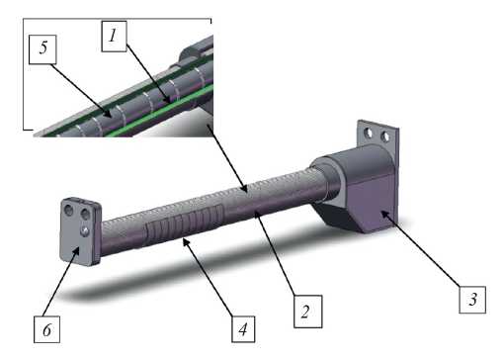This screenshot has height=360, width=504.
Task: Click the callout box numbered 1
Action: [114, 37]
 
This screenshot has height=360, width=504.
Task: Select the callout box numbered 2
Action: [307, 312]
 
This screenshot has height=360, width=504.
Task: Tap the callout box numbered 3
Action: [472, 300]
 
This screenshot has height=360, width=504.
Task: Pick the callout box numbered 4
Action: [243, 329]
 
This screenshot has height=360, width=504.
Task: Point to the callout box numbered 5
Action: [42, 49]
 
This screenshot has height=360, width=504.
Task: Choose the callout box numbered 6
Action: [46, 329]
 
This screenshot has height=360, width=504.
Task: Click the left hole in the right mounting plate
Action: [369, 134]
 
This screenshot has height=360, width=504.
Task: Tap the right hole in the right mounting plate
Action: [384, 136]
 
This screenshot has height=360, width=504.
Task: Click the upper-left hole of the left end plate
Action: [69, 210]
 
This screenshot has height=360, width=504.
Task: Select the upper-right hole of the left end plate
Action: [85, 215]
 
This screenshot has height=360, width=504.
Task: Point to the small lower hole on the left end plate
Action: [86, 230]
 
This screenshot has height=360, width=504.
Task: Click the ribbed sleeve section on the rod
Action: [185, 225]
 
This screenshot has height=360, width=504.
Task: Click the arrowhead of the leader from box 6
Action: [78, 248]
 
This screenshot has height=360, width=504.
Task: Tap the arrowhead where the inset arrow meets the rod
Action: [245, 190]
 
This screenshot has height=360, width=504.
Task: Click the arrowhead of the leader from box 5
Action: [110, 116]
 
